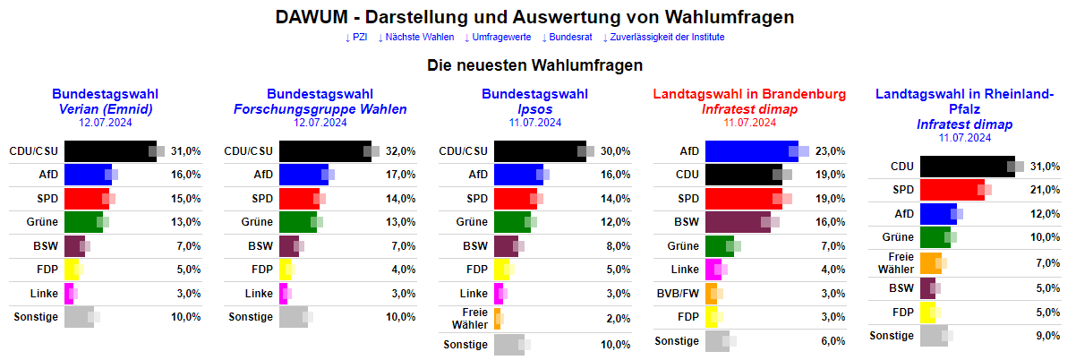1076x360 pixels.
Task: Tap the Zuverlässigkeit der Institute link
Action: tap(667, 37)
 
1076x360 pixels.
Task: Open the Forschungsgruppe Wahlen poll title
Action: tap(320, 109)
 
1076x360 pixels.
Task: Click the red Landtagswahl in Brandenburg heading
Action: tap(749, 94)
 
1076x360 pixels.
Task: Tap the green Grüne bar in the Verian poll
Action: tap(83, 221)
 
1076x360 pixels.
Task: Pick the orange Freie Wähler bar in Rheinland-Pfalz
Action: tap(930, 263)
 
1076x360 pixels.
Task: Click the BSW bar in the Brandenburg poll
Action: tap(738, 221)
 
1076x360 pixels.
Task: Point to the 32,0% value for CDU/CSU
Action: tap(400, 151)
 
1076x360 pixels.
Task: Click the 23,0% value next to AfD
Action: tap(830, 151)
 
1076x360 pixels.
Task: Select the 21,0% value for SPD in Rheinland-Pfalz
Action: tap(1045, 190)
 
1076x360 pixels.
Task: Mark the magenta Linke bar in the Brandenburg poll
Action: tap(713, 269)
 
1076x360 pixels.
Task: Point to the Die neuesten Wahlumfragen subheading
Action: tap(535, 65)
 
